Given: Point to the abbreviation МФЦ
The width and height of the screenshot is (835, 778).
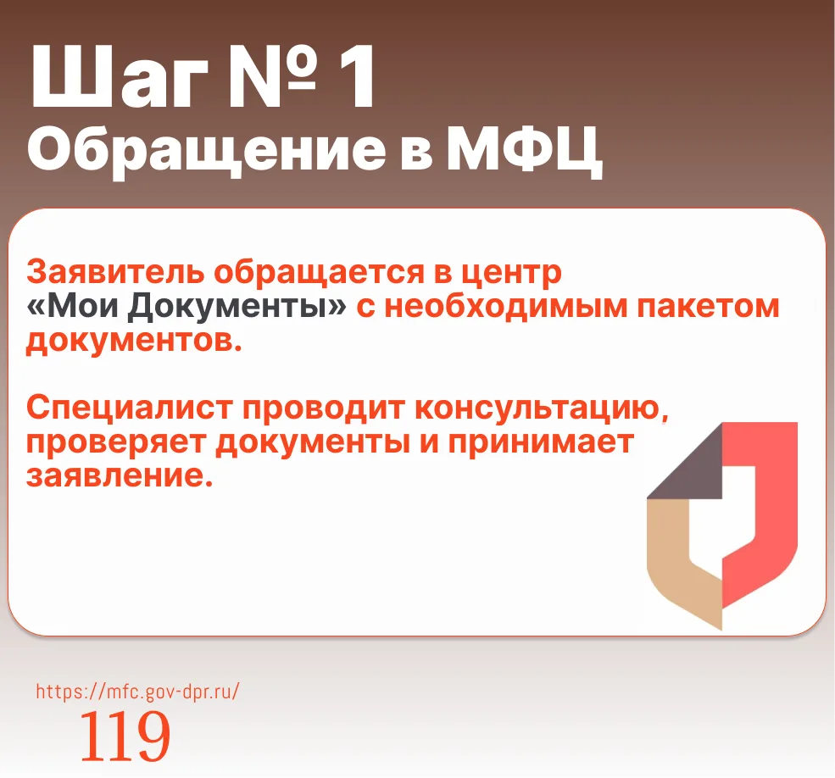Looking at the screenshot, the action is (x=524, y=150).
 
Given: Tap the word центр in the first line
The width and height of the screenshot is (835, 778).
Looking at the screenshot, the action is (x=511, y=274).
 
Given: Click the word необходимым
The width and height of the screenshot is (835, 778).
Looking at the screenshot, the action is (x=506, y=308).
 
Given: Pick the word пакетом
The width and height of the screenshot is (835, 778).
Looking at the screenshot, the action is (x=708, y=308).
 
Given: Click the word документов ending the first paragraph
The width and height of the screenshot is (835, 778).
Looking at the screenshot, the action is (x=134, y=342).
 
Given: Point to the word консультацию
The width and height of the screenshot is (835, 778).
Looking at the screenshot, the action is (x=541, y=409).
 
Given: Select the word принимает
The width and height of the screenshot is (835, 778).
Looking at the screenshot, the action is (x=541, y=443).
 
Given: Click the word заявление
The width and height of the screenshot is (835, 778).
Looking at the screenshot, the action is (x=120, y=476).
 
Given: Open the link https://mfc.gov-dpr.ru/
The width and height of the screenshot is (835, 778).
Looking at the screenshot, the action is (x=138, y=692).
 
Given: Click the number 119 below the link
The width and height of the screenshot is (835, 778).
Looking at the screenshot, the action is (x=125, y=736).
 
